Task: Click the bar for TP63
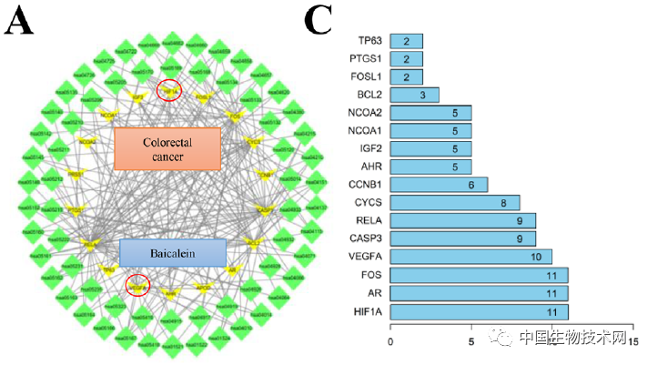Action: coord(406,41)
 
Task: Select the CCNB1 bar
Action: coord(439,184)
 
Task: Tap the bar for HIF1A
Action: coord(479,311)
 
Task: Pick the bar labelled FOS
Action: coord(479,275)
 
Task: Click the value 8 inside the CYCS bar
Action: coord(502,202)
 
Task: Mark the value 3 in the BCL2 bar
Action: coord(422,95)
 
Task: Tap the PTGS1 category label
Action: coord(367,59)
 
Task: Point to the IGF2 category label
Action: coord(371,148)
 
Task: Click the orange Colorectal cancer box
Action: coord(167,149)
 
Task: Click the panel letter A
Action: coord(19,23)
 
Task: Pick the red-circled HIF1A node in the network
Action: coord(169,90)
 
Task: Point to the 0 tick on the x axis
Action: coord(390,340)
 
